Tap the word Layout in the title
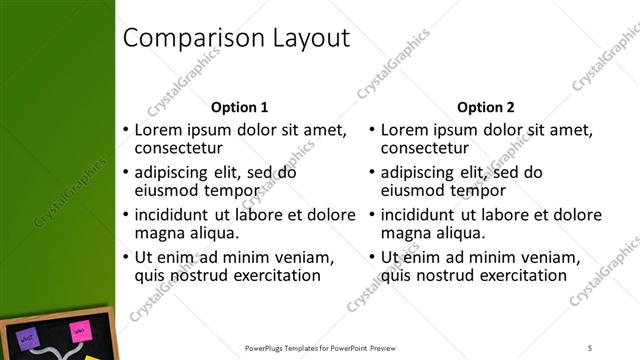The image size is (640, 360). (311, 39)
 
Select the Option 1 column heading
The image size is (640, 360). (240, 107)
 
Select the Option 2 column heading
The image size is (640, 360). (486, 107)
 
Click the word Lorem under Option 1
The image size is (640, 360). (158, 130)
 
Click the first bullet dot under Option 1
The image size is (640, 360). (125, 131)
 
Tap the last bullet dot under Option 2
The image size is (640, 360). (371, 257)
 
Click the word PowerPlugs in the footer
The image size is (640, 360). (268, 348)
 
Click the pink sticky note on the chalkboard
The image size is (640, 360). (77, 331)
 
